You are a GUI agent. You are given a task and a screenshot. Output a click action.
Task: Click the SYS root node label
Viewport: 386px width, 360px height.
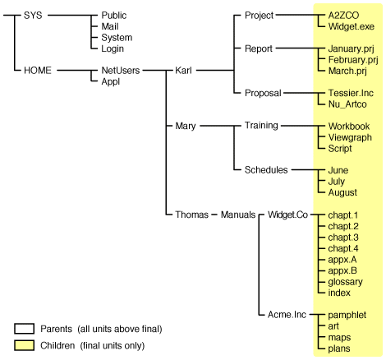click(34, 15)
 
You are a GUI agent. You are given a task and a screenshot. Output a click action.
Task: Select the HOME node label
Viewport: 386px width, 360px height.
click(38, 71)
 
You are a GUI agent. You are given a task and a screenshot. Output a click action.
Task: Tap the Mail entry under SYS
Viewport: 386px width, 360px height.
click(111, 26)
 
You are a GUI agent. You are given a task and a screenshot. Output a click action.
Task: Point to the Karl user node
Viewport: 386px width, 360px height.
click(186, 71)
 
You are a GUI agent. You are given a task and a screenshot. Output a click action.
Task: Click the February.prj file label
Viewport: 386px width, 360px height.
click(345, 60)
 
